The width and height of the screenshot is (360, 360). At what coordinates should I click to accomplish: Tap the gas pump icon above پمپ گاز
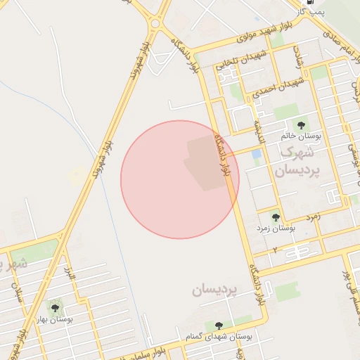(x=300, y=2)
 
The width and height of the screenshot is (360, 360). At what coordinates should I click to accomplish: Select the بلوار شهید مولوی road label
(x=224, y=41)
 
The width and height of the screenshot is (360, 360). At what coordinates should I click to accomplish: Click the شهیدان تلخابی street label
(x=243, y=59)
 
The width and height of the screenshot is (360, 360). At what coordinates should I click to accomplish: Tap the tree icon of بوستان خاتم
(x=301, y=125)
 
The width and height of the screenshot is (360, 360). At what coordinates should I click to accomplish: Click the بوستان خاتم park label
(x=304, y=136)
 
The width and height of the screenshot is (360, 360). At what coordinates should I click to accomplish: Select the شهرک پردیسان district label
(x=299, y=161)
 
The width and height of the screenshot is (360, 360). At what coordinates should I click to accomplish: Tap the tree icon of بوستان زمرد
(x=275, y=218)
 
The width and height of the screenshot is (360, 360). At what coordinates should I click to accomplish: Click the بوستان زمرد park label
(x=275, y=229)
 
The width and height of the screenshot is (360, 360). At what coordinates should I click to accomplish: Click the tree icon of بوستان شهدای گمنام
(x=219, y=326)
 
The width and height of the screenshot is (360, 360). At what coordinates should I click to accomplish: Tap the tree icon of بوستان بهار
(x=56, y=307)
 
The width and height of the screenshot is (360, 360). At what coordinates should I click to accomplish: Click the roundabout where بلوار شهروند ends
(x=155, y=23)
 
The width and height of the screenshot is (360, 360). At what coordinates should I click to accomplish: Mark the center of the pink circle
(x=180, y=179)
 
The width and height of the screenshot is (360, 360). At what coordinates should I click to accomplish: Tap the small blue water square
(x=257, y=154)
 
